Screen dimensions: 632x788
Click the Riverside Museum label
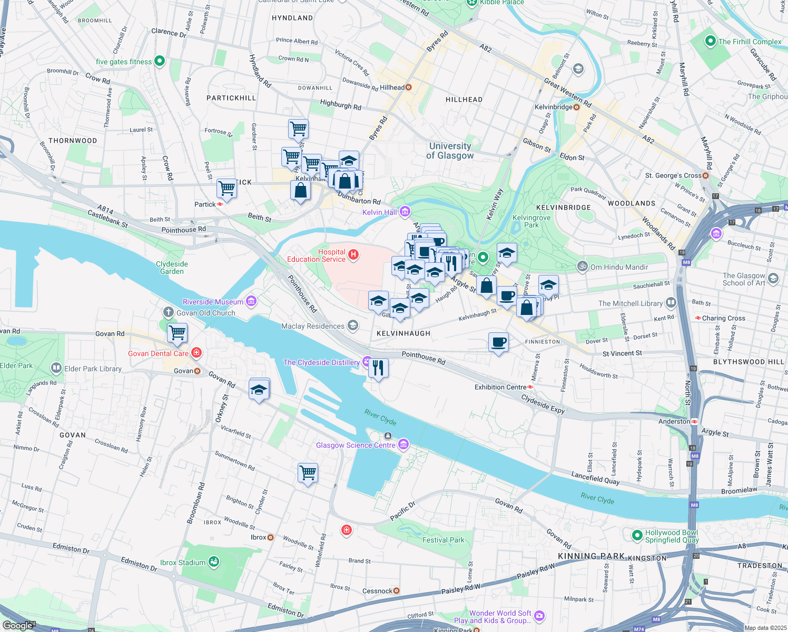coord(213,302)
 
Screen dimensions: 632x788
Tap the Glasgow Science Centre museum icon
coord(403,445)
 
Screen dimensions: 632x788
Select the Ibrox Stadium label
coord(183,562)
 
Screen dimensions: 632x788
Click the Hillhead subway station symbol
coord(409,87)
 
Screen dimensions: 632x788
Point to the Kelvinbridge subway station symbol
coord(576,107)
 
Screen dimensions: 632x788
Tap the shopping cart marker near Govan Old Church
coord(178,333)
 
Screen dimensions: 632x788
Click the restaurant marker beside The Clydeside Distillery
coord(378,368)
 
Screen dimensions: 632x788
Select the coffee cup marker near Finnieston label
coord(498,342)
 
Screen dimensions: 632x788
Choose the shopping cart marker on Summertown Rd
coord(308,472)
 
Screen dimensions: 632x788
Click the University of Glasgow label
coord(450,151)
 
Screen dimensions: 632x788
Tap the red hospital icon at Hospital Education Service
coord(353,255)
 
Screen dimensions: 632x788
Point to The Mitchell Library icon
coord(671,303)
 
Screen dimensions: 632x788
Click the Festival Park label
coord(444,540)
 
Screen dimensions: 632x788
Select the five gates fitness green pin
coord(160,62)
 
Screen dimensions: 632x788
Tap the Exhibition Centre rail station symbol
coord(530,387)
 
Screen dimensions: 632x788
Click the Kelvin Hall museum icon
coord(405,212)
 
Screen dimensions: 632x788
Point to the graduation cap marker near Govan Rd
coord(259,390)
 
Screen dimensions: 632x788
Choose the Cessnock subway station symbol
coord(397,591)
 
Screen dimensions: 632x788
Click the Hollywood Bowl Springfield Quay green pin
coord(636,536)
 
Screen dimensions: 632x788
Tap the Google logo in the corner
coord(18,625)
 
